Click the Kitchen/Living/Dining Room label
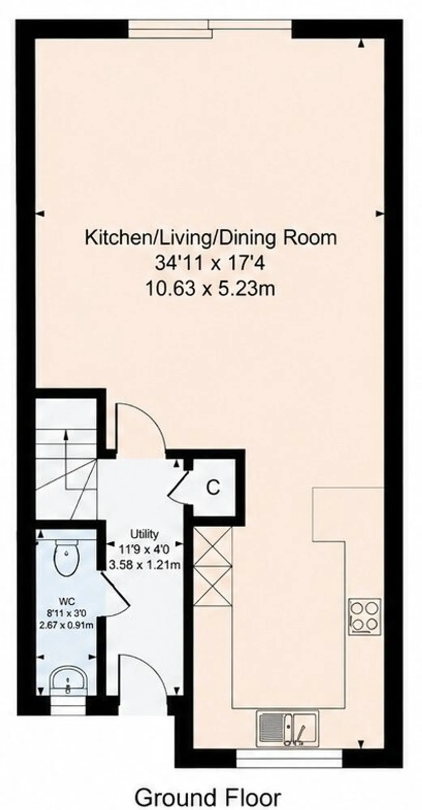(211, 237)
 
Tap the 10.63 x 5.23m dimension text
(210, 289)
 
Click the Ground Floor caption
(208, 786)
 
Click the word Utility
(144, 534)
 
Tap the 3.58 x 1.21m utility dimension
(144, 564)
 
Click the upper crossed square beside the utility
(212, 546)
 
